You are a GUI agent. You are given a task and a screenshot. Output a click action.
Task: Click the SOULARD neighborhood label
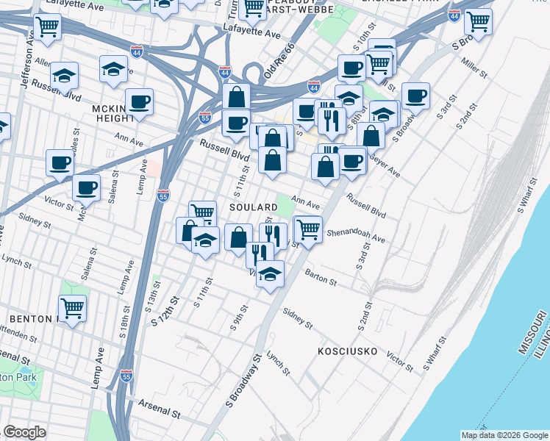[x=253, y=208]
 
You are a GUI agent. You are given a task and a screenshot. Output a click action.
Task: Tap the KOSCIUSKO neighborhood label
[x=347, y=352]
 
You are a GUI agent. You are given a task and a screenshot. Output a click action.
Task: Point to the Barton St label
[x=321, y=277]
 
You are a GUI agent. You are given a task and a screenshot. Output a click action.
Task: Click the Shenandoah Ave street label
[x=356, y=234]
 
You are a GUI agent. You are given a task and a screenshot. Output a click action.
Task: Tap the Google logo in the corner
[x=24, y=431]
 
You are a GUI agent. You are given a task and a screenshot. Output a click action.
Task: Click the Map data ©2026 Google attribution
[x=504, y=435]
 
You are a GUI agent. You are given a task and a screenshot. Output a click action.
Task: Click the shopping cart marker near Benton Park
[x=72, y=307]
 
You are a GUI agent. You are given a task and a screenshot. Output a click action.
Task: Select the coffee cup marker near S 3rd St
[x=415, y=94]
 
